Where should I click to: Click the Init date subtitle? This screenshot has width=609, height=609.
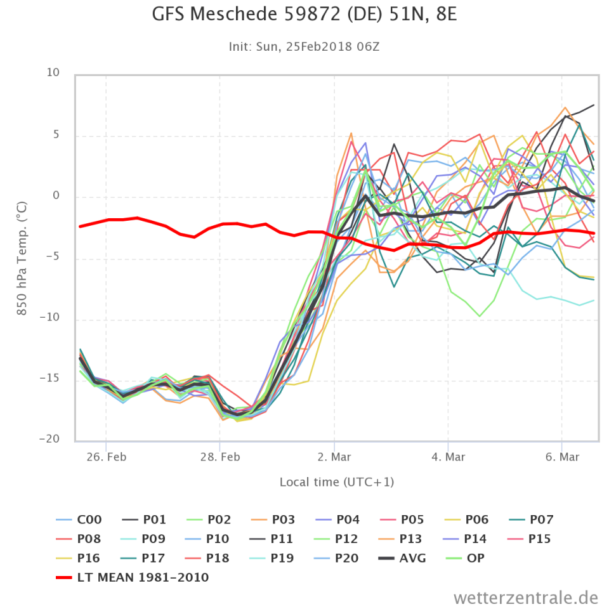tap(304, 47)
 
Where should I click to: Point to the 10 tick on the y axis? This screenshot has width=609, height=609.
tap(53, 73)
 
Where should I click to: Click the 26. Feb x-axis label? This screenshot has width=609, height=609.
tap(105, 457)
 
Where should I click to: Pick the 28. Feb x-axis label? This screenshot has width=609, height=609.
tap(219, 457)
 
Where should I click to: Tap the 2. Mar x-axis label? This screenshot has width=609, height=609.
tap(334, 457)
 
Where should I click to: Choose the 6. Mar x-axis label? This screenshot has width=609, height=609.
tap(562, 457)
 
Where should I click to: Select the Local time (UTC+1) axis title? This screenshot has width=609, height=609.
tap(337, 482)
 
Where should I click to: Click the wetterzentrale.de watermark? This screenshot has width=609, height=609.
tap(526, 597)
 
